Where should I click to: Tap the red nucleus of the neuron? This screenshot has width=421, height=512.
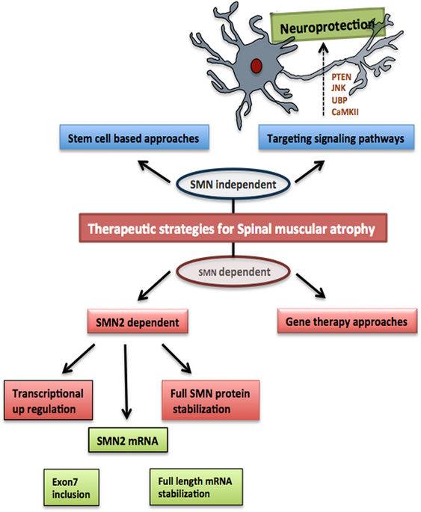coord(256,66)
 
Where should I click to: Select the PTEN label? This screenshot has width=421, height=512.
coord(341,78)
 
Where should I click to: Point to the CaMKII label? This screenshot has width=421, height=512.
coord(345,112)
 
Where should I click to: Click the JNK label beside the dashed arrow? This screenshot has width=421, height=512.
coord(338,88)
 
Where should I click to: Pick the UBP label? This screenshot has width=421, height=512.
coord(339,100)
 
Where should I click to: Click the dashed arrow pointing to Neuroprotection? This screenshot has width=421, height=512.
coord(323,80)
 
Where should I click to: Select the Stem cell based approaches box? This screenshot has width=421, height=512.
coord(135,138)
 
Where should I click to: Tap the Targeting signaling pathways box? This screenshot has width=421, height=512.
coord(336,138)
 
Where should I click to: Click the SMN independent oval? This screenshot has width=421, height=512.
coord(233,184)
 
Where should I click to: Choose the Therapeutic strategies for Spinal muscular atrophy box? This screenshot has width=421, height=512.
coord(233,228)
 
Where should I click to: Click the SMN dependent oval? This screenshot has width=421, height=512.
coord(233,271)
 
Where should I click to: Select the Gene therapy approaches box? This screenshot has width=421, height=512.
coord(347,321)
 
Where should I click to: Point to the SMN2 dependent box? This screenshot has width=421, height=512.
coord(138,322)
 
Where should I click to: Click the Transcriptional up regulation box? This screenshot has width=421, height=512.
coord(49,401)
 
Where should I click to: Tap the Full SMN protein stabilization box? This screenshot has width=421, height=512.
coord(211,401)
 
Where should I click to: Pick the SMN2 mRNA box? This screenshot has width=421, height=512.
coord(128,440)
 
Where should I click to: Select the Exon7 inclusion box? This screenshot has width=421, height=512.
coord(72,488)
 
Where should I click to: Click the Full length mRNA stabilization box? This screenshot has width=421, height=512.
coord(196,487)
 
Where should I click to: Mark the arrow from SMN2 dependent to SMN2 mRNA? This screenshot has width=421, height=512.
coord(126,381)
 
